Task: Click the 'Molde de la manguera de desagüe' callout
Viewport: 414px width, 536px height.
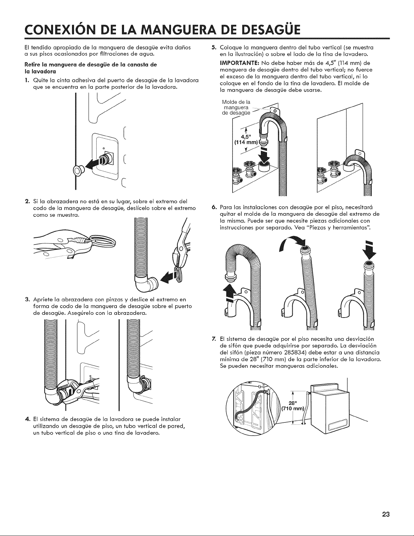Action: pos(236,108)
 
